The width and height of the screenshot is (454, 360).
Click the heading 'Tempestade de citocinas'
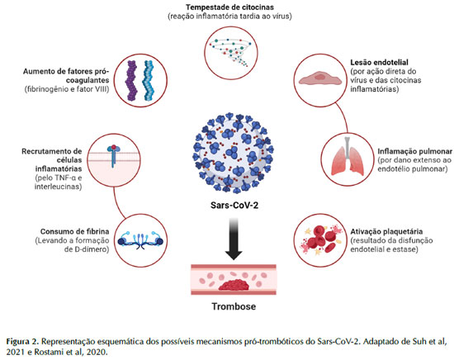(230, 7)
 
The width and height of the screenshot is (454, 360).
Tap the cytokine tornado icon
(231, 52)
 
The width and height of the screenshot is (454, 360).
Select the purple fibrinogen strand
(131, 81)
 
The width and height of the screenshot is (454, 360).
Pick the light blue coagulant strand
(149, 81)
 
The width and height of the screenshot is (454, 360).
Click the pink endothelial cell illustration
(320, 78)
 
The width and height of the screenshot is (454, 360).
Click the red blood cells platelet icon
(321, 240)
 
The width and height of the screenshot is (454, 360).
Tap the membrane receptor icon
(114, 155)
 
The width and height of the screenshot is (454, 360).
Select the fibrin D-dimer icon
(140, 240)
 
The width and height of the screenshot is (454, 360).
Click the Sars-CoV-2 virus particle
(234, 153)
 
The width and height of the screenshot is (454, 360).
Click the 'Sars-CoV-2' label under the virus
(234, 206)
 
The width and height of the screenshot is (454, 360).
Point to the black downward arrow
(234, 239)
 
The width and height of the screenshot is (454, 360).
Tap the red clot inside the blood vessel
(234, 286)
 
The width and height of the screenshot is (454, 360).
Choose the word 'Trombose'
(234, 306)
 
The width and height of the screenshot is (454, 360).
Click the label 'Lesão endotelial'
(380, 62)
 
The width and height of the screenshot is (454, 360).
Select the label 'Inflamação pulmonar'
(414, 151)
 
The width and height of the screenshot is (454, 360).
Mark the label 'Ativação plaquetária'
(386, 231)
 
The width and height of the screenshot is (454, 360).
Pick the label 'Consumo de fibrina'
(74, 231)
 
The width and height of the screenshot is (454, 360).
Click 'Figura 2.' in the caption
(22, 342)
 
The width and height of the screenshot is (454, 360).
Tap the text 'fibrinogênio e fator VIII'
(67, 89)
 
